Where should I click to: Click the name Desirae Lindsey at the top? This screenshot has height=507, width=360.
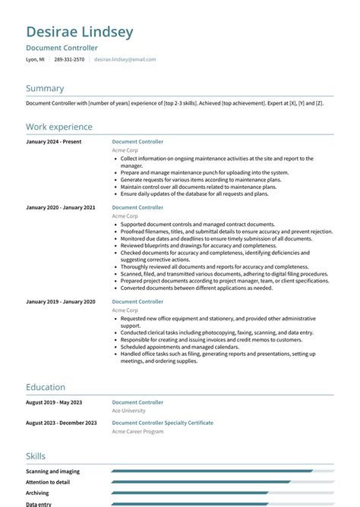coord(80,32)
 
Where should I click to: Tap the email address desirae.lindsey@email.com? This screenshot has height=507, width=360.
coord(125,59)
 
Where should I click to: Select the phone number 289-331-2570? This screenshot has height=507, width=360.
coord(69,59)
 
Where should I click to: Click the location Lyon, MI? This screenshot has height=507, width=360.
coord(35,59)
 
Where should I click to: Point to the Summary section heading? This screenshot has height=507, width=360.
coord(45,89)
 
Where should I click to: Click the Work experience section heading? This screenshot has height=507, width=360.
coord(59,127)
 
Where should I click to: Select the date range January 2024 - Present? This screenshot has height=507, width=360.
coord(54,142)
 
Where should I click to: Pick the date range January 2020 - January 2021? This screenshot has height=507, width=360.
coord(61,207)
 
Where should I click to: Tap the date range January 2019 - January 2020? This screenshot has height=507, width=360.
coord(61,301)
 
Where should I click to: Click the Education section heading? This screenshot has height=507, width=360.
coord(46,387)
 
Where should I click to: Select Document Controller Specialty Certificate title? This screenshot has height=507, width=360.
coord(163,423)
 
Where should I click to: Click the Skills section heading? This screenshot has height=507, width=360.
coord(36,456)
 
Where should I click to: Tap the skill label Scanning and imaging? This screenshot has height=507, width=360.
coord(52,471)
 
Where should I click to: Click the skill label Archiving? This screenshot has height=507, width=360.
coord(38,493)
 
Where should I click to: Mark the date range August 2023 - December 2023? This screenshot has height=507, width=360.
coord(62,423)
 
